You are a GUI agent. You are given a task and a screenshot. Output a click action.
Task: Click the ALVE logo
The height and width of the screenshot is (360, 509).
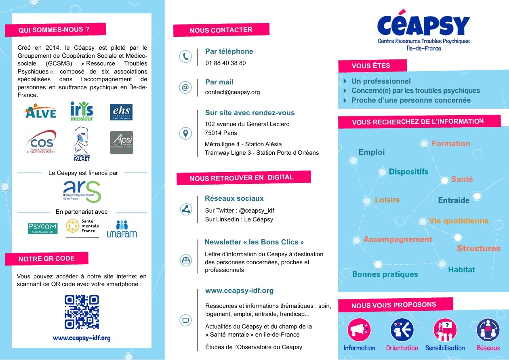(x=41, y=111)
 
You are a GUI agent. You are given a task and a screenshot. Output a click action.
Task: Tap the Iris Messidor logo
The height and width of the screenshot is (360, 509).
(x=82, y=111)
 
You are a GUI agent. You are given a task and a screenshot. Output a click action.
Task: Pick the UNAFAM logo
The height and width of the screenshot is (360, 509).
(x=122, y=229)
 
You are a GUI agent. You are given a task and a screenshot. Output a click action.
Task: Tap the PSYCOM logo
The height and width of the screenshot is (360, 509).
(x=42, y=229)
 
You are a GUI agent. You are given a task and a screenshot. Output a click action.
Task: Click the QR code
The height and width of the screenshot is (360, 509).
(x=82, y=312)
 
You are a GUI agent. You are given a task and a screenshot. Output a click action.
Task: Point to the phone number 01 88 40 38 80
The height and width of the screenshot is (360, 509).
(x=225, y=63)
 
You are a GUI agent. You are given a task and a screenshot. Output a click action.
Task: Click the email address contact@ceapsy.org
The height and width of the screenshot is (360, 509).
(x=232, y=92)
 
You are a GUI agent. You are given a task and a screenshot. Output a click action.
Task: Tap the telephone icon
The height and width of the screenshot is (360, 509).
(x=185, y=57)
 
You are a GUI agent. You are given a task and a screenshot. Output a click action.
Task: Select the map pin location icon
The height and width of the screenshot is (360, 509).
(x=185, y=133)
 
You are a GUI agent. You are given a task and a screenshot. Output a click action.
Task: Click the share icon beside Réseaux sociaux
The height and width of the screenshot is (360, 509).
(x=185, y=209)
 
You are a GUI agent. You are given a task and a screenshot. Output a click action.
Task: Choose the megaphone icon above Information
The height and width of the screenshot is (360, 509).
(x=359, y=330)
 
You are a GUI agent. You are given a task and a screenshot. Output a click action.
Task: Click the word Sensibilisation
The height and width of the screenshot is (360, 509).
(x=445, y=348)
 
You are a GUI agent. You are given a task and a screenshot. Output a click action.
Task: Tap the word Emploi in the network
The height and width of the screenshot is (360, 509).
(x=372, y=152)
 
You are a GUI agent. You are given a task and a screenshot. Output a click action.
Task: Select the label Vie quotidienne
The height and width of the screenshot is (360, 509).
(x=459, y=221)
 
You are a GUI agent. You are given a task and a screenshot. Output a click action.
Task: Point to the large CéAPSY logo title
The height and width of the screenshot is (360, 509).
(x=423, y=25)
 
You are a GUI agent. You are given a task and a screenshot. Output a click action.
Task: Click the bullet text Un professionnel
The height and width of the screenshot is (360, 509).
(x=381, y=81)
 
